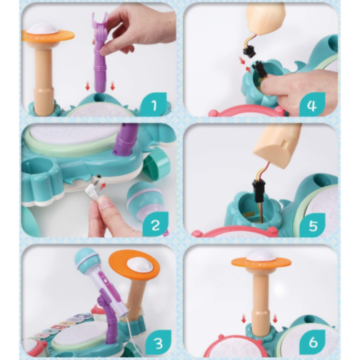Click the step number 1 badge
point(154,104)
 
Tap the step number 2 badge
point(155,224)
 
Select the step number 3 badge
point(158,343)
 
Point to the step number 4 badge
point(312,105)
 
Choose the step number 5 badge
point(312,225)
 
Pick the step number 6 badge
point(312,342)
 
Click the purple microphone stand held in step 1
point(100,52)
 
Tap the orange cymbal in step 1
point(48,35)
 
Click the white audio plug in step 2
point(94,191)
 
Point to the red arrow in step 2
point(103,186)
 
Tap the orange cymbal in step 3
point(134,264)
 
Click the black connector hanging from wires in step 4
point(249,51)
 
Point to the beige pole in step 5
point(276,145)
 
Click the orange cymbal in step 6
point(261,262)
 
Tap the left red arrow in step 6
point(244,319)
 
